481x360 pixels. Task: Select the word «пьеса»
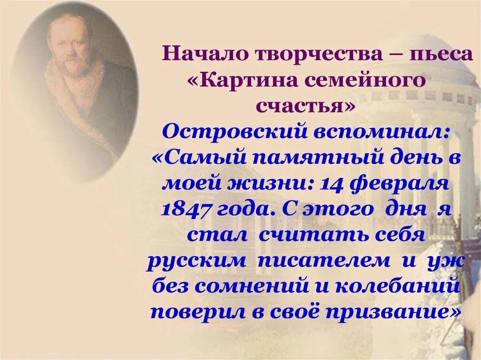click(x=441, y=54)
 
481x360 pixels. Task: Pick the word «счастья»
click(x=306, y=105)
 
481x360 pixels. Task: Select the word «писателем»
click(x=324, y=260)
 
